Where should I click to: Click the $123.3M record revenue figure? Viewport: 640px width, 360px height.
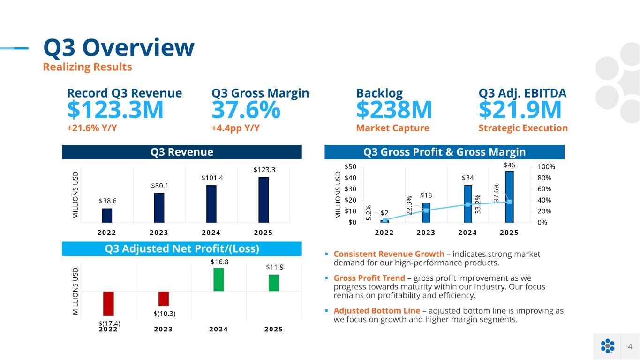click(x=115, y=110)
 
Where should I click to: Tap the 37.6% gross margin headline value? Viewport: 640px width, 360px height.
click(x=246, y=110)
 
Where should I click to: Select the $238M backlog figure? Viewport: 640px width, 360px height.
click(x=394, y=110)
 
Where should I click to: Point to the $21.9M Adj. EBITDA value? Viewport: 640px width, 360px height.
click(x=520, y=110)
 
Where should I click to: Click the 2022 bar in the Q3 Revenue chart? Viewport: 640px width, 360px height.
click(x=107, y=215)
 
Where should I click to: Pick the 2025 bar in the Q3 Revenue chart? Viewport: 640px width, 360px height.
click(x=264, y=200)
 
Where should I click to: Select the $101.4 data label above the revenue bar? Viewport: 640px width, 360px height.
click(x=211, y=178)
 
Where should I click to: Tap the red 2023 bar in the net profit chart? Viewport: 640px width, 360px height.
click(x=164, y=299)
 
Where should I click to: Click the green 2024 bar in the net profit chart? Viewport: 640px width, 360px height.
click(x=219, y=279)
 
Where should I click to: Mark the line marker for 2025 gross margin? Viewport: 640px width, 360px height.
click(x=509, y=202)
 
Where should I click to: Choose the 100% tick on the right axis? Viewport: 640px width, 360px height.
click(x=546, y=167)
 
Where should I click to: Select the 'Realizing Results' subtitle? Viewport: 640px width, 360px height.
click(x=87, y=67)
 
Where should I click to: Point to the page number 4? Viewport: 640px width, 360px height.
click(x=630, y=346)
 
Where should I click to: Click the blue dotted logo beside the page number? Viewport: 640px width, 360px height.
click(x=607, y=346)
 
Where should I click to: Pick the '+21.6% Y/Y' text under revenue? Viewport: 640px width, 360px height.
click(x=92, y=128)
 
